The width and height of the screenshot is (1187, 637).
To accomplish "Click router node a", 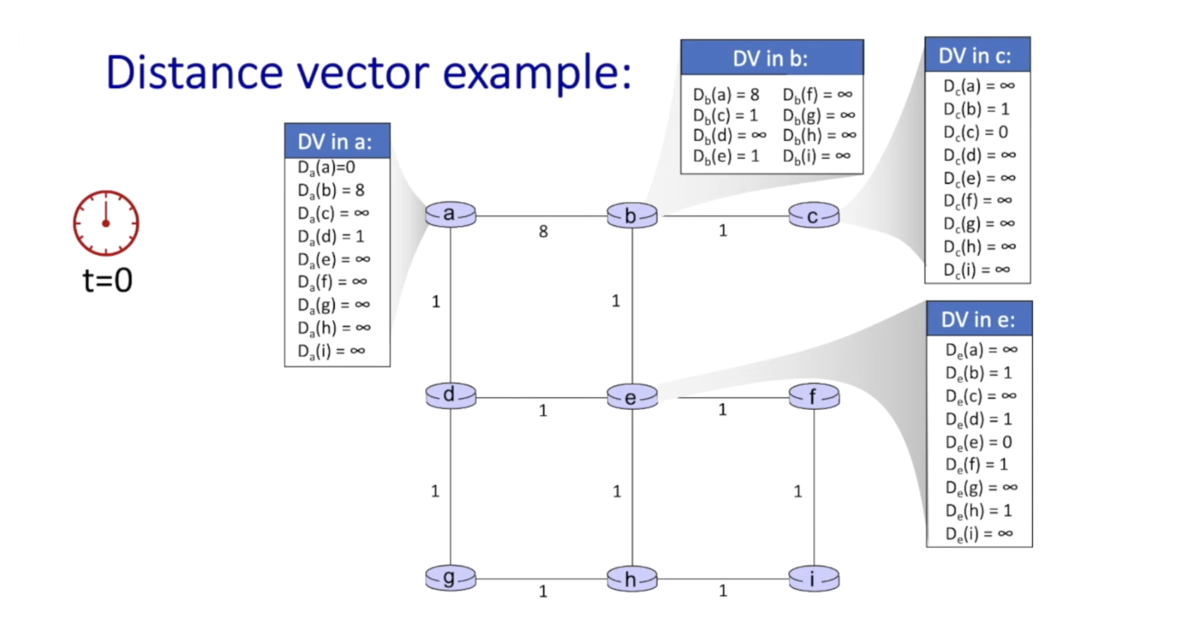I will (x=450, y=215).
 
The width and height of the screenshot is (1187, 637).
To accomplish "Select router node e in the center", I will (x=632, y=397).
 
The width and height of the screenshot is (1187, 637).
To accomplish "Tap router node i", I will (x=813, y=579).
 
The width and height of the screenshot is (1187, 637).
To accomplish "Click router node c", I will (x=813, y=216).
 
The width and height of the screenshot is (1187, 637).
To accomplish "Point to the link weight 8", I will (x=543, y=232).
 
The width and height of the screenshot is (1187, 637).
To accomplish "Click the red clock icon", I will (x=106, y=223).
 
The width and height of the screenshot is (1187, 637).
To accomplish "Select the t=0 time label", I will (x=107, y=280).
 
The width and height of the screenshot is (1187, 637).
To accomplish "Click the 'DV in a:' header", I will (x=337, y=141).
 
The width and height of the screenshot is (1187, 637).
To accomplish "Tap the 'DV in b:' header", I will (x=771, y=58).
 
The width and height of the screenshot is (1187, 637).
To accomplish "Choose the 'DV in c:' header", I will (x=977, y=56).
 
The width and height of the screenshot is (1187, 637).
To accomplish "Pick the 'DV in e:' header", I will (x=979, y=320).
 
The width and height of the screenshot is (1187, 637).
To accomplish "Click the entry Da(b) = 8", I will (x=331, y=191).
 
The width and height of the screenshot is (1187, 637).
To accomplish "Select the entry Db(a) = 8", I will (x=726, y=95).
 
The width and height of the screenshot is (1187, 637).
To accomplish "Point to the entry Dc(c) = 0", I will (x=976, y=132).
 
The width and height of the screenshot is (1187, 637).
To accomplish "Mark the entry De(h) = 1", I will (x=978, y=511).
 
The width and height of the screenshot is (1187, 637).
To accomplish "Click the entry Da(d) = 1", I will (x=331, y=237).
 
